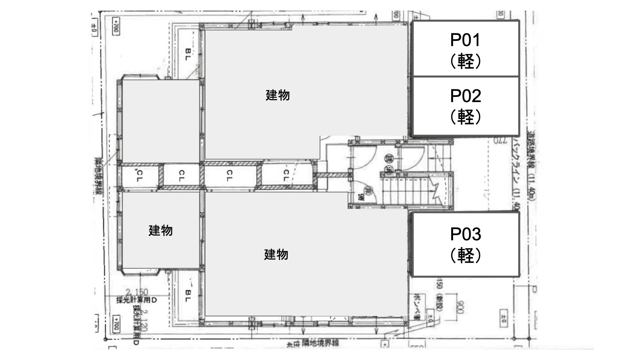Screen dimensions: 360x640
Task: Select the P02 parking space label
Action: point(465,106)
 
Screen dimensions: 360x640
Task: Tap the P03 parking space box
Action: point(465,244)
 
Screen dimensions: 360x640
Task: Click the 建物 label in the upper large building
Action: point(278,95)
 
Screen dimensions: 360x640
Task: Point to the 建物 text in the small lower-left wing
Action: point(161,230)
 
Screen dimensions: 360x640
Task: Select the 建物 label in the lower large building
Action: point(276,254)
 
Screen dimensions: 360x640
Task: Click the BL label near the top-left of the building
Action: point(188,54)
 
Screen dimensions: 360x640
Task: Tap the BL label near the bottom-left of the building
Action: point(188,296)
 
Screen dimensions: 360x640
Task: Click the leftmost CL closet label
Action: point(139,176)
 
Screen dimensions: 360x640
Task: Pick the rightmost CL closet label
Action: point(286,175)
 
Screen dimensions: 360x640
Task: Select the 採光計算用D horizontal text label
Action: point(137,300)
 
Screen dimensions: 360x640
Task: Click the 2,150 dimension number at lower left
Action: point(137,292)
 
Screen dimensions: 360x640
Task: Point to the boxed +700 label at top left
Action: point(116,26)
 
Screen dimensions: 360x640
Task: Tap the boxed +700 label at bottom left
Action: point(116,324)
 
